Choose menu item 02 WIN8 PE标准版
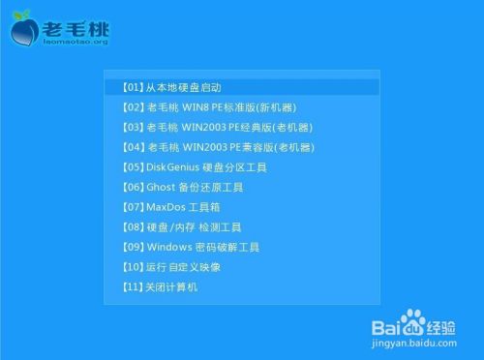coord(208,107)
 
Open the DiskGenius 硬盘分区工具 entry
coord(194,167)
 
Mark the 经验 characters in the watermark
coord(447,320)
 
